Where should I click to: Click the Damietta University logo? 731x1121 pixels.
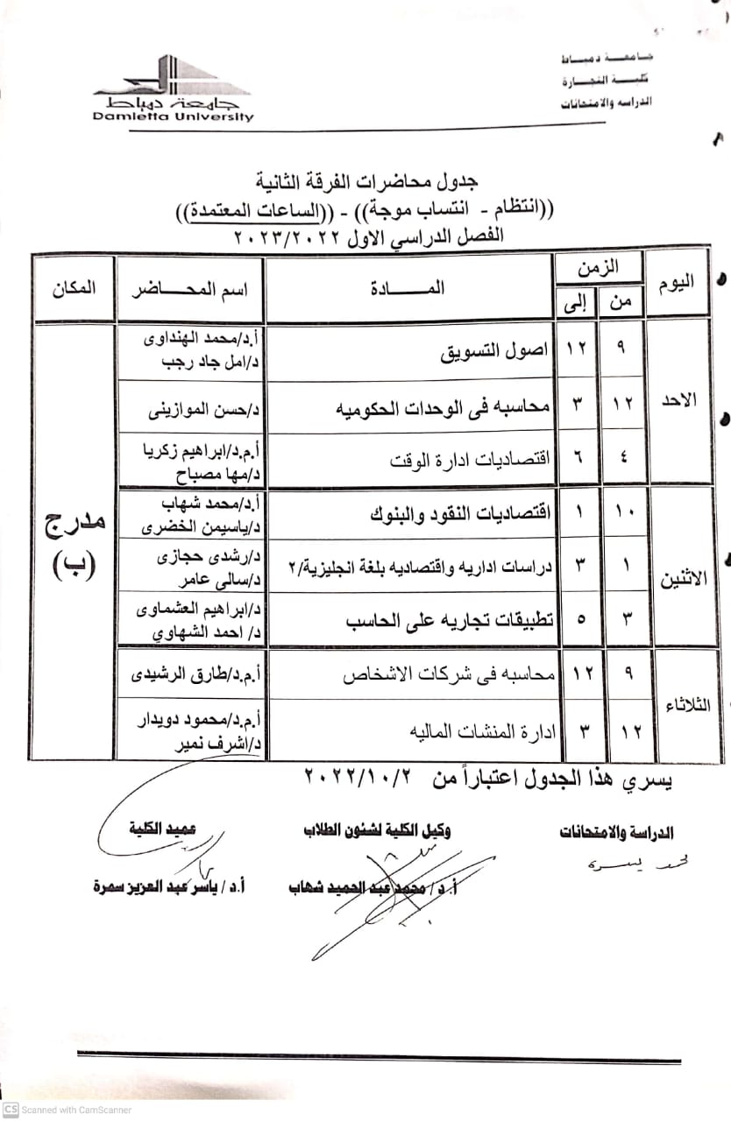tap(173, 89)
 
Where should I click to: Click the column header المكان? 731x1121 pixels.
tap(74, 286)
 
